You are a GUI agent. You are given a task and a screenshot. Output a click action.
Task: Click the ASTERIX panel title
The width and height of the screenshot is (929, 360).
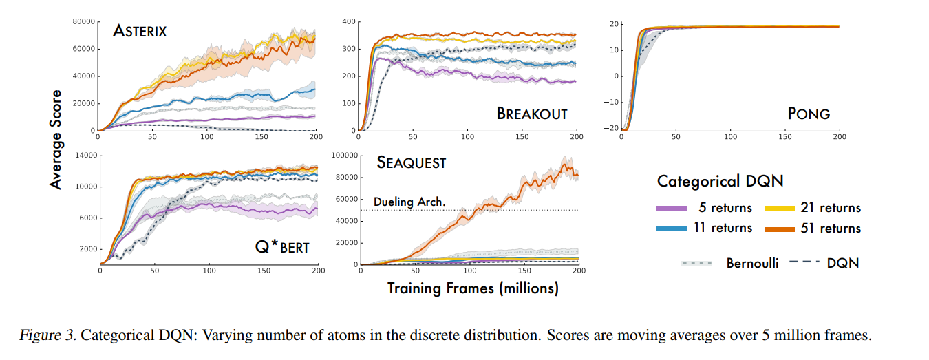tap(140, 31)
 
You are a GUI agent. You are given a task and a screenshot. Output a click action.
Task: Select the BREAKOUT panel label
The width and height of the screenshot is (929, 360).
tap(532, 113)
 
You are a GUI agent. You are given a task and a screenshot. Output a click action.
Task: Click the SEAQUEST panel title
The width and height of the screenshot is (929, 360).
tap(411, 163)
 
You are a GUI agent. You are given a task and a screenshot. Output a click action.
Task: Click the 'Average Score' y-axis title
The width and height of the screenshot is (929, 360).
tap(56, 138)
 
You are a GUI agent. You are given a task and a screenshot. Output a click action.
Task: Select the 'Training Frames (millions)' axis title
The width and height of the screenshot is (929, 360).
tap(473, 288)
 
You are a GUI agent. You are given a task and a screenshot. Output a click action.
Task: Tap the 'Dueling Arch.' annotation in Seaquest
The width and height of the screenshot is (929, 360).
tap(409, 202)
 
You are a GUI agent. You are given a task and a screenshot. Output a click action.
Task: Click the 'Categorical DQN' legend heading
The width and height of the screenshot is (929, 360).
tap(720, 181)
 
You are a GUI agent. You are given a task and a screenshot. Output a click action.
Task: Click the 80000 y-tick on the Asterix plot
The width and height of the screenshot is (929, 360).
tap(83, 22)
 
